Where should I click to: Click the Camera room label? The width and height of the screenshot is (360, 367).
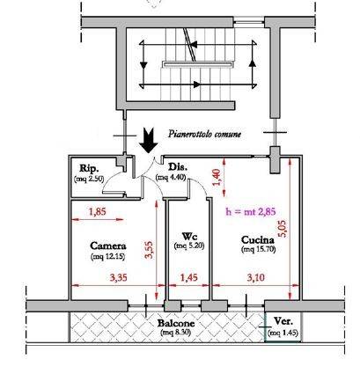108,246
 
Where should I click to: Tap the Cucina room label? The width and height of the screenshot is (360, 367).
258,240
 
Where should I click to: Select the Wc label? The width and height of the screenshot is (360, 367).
189,236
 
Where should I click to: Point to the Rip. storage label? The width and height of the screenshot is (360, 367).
89,168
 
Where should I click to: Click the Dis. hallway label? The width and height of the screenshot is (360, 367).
178,167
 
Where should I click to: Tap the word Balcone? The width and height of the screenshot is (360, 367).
176,323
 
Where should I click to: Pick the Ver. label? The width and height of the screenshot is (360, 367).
283,321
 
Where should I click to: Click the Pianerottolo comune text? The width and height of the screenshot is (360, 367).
205,134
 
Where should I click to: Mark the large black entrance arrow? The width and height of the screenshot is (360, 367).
149,140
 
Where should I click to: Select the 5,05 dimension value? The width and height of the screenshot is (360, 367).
283,229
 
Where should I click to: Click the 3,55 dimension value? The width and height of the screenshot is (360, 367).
150,250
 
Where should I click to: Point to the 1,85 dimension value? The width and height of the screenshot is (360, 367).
98,211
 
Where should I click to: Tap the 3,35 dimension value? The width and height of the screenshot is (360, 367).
119,277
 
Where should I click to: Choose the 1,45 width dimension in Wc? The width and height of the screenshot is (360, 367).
189,277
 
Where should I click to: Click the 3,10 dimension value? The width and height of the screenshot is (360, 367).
255,277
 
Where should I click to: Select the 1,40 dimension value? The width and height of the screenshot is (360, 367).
216,177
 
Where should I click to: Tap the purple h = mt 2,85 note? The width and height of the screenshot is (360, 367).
251,211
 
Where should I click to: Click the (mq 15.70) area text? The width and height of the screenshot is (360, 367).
259,249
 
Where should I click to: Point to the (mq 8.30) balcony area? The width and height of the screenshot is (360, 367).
176,333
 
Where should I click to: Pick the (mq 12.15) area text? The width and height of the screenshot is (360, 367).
108,256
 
